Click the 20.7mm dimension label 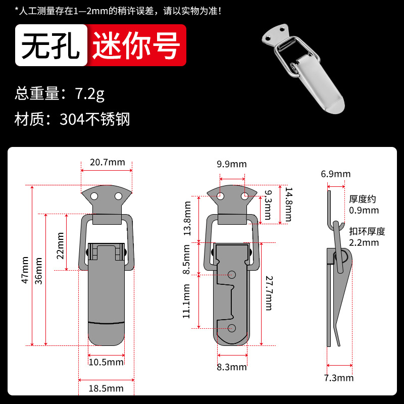click(x=108, y=162)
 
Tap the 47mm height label click(x=25, y=270)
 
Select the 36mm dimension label click(x=38, y=271)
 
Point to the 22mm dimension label click(x=60, y=245)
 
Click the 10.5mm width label click(x=106, y=362)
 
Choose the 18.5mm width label click(x=106, y=388)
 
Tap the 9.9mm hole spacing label click(x=232, y=164)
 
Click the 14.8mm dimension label click(x=288, y=205)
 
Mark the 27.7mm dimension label click(x=269, y=293)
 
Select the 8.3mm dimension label click(x=232, y=367)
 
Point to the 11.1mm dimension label click(x=186, y=301)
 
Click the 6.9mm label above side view click(x=336, y=174)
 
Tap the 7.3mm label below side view click(x=339, y=378)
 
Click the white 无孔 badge click(x=52, y=45)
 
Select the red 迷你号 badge click(x=136, y=45)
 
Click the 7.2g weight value click(x=90, y=93)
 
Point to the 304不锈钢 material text click(x=95, y=119)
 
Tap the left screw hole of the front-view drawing click(x=94, y=196)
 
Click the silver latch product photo click(x=304, y=69)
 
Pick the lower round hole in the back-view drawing click(x=232, y=328)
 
